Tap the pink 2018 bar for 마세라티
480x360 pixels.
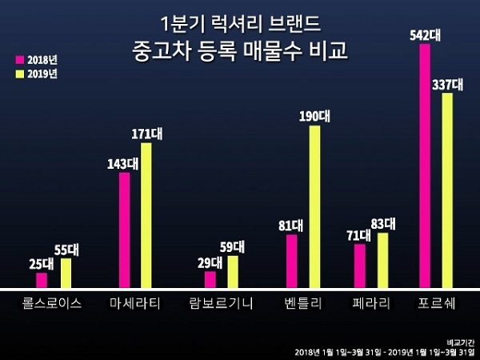point(125,230)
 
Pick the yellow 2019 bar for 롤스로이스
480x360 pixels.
point(66,273)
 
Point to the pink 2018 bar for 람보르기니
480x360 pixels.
point(210,279)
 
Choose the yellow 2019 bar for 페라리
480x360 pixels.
point(382,260)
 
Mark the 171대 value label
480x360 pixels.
point(146,134)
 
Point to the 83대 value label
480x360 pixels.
point(388,223)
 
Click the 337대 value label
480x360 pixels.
point(448,84)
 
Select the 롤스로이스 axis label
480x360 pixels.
point(52,303)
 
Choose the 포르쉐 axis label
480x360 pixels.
point(438,303)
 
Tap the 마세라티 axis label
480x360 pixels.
point(135,303)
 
